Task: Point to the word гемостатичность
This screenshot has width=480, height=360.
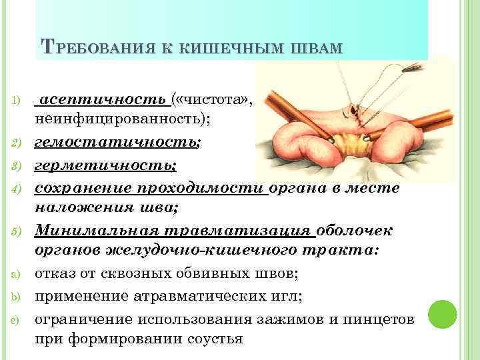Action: [116, 143]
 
